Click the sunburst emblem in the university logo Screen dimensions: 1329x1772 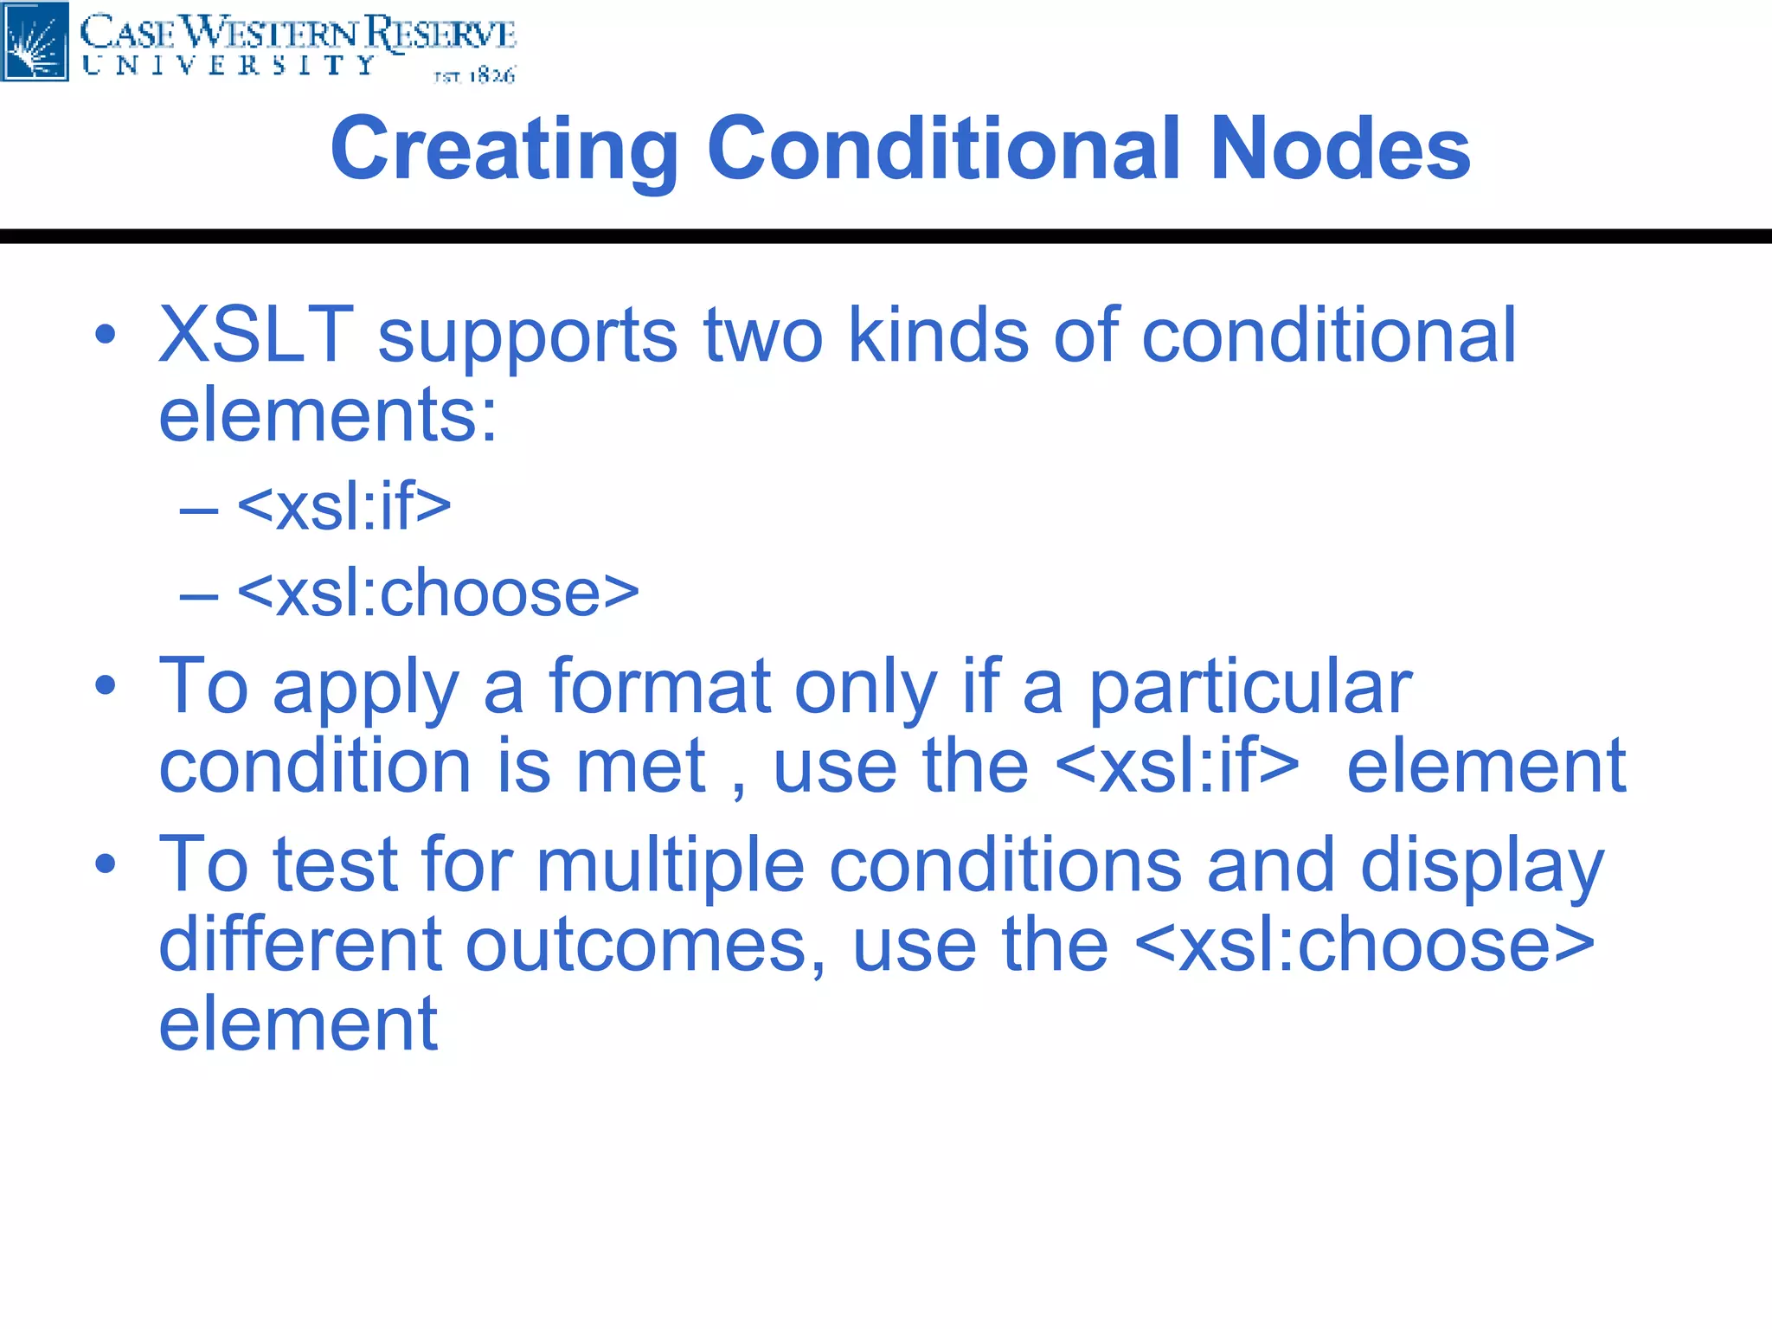35,42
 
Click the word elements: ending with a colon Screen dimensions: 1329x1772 328,414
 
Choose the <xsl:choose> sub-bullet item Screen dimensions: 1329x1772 438,594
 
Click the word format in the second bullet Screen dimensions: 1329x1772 659,687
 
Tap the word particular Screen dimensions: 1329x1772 1249,687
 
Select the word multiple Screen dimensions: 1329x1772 671,865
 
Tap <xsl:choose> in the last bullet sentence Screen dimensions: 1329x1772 1364,945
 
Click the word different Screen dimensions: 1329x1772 300,945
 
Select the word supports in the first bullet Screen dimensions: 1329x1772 528,337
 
